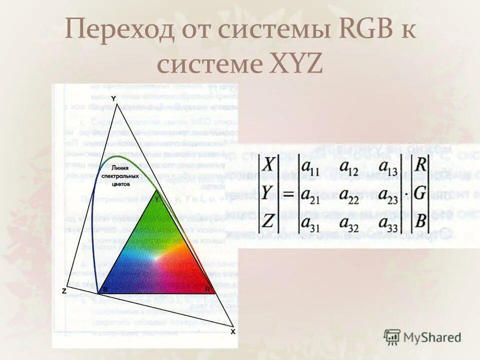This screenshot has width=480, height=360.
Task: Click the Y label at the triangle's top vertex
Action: click(x=113, y=98)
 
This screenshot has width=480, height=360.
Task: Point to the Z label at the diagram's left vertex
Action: click(x=64, y=291)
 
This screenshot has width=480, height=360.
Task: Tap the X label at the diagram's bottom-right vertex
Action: click(x=232, y=331)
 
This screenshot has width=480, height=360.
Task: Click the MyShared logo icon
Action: click(x=392, y=336)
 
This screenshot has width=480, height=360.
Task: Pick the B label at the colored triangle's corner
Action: click(x=105, y=289)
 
